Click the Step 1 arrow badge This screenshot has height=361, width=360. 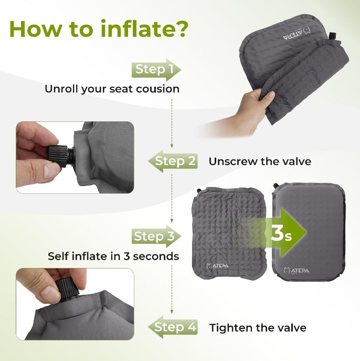pos(155,69)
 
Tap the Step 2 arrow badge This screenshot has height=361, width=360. pos(173,161)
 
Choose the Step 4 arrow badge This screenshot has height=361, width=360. pos(173,327)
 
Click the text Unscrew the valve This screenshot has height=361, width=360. pos(260,161)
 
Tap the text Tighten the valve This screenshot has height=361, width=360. pos(258,328)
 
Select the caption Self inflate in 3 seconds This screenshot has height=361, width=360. pos(113,256)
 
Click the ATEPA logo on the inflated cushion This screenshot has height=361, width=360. pos(298,270)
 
